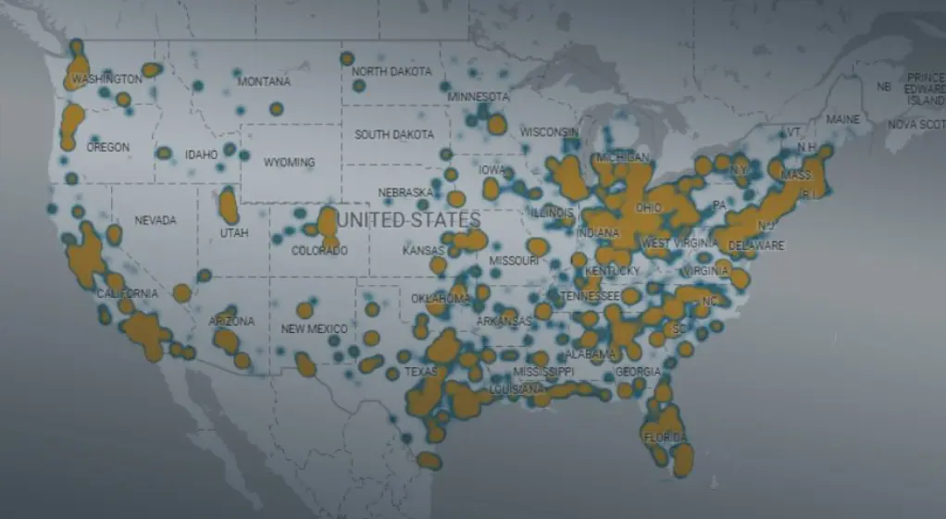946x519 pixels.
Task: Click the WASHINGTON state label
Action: click(x=107, y=80)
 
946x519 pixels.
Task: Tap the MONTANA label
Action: click(x=264, y=82)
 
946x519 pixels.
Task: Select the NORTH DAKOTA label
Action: click(x=392, y=71)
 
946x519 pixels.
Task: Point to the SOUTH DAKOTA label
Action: click(x=394, y=134)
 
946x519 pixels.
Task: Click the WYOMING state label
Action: click(x=289, y=162)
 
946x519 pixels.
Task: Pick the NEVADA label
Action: click(x=156, y=220)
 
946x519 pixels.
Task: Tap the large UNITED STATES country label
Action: click(x=408, y=220)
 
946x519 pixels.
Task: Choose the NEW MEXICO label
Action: click(x=315, y=329)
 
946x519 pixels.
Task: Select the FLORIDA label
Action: click(x=666, y=437)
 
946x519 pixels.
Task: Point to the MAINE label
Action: click(x=842, y=119)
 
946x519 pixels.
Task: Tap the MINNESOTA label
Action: click(x=479, y=96)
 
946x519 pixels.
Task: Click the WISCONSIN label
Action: click(x=550, y=132)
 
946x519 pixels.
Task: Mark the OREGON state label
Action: click(x=107, y=147)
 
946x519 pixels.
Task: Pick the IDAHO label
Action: click(x=201, y=154)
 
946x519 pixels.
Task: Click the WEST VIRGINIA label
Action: click(x=681, y=243)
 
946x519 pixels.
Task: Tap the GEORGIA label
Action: click(x=638, y=372)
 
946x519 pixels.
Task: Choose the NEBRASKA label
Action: click(x=405, y=192)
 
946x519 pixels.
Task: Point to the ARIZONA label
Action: click(x=231, y=322)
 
